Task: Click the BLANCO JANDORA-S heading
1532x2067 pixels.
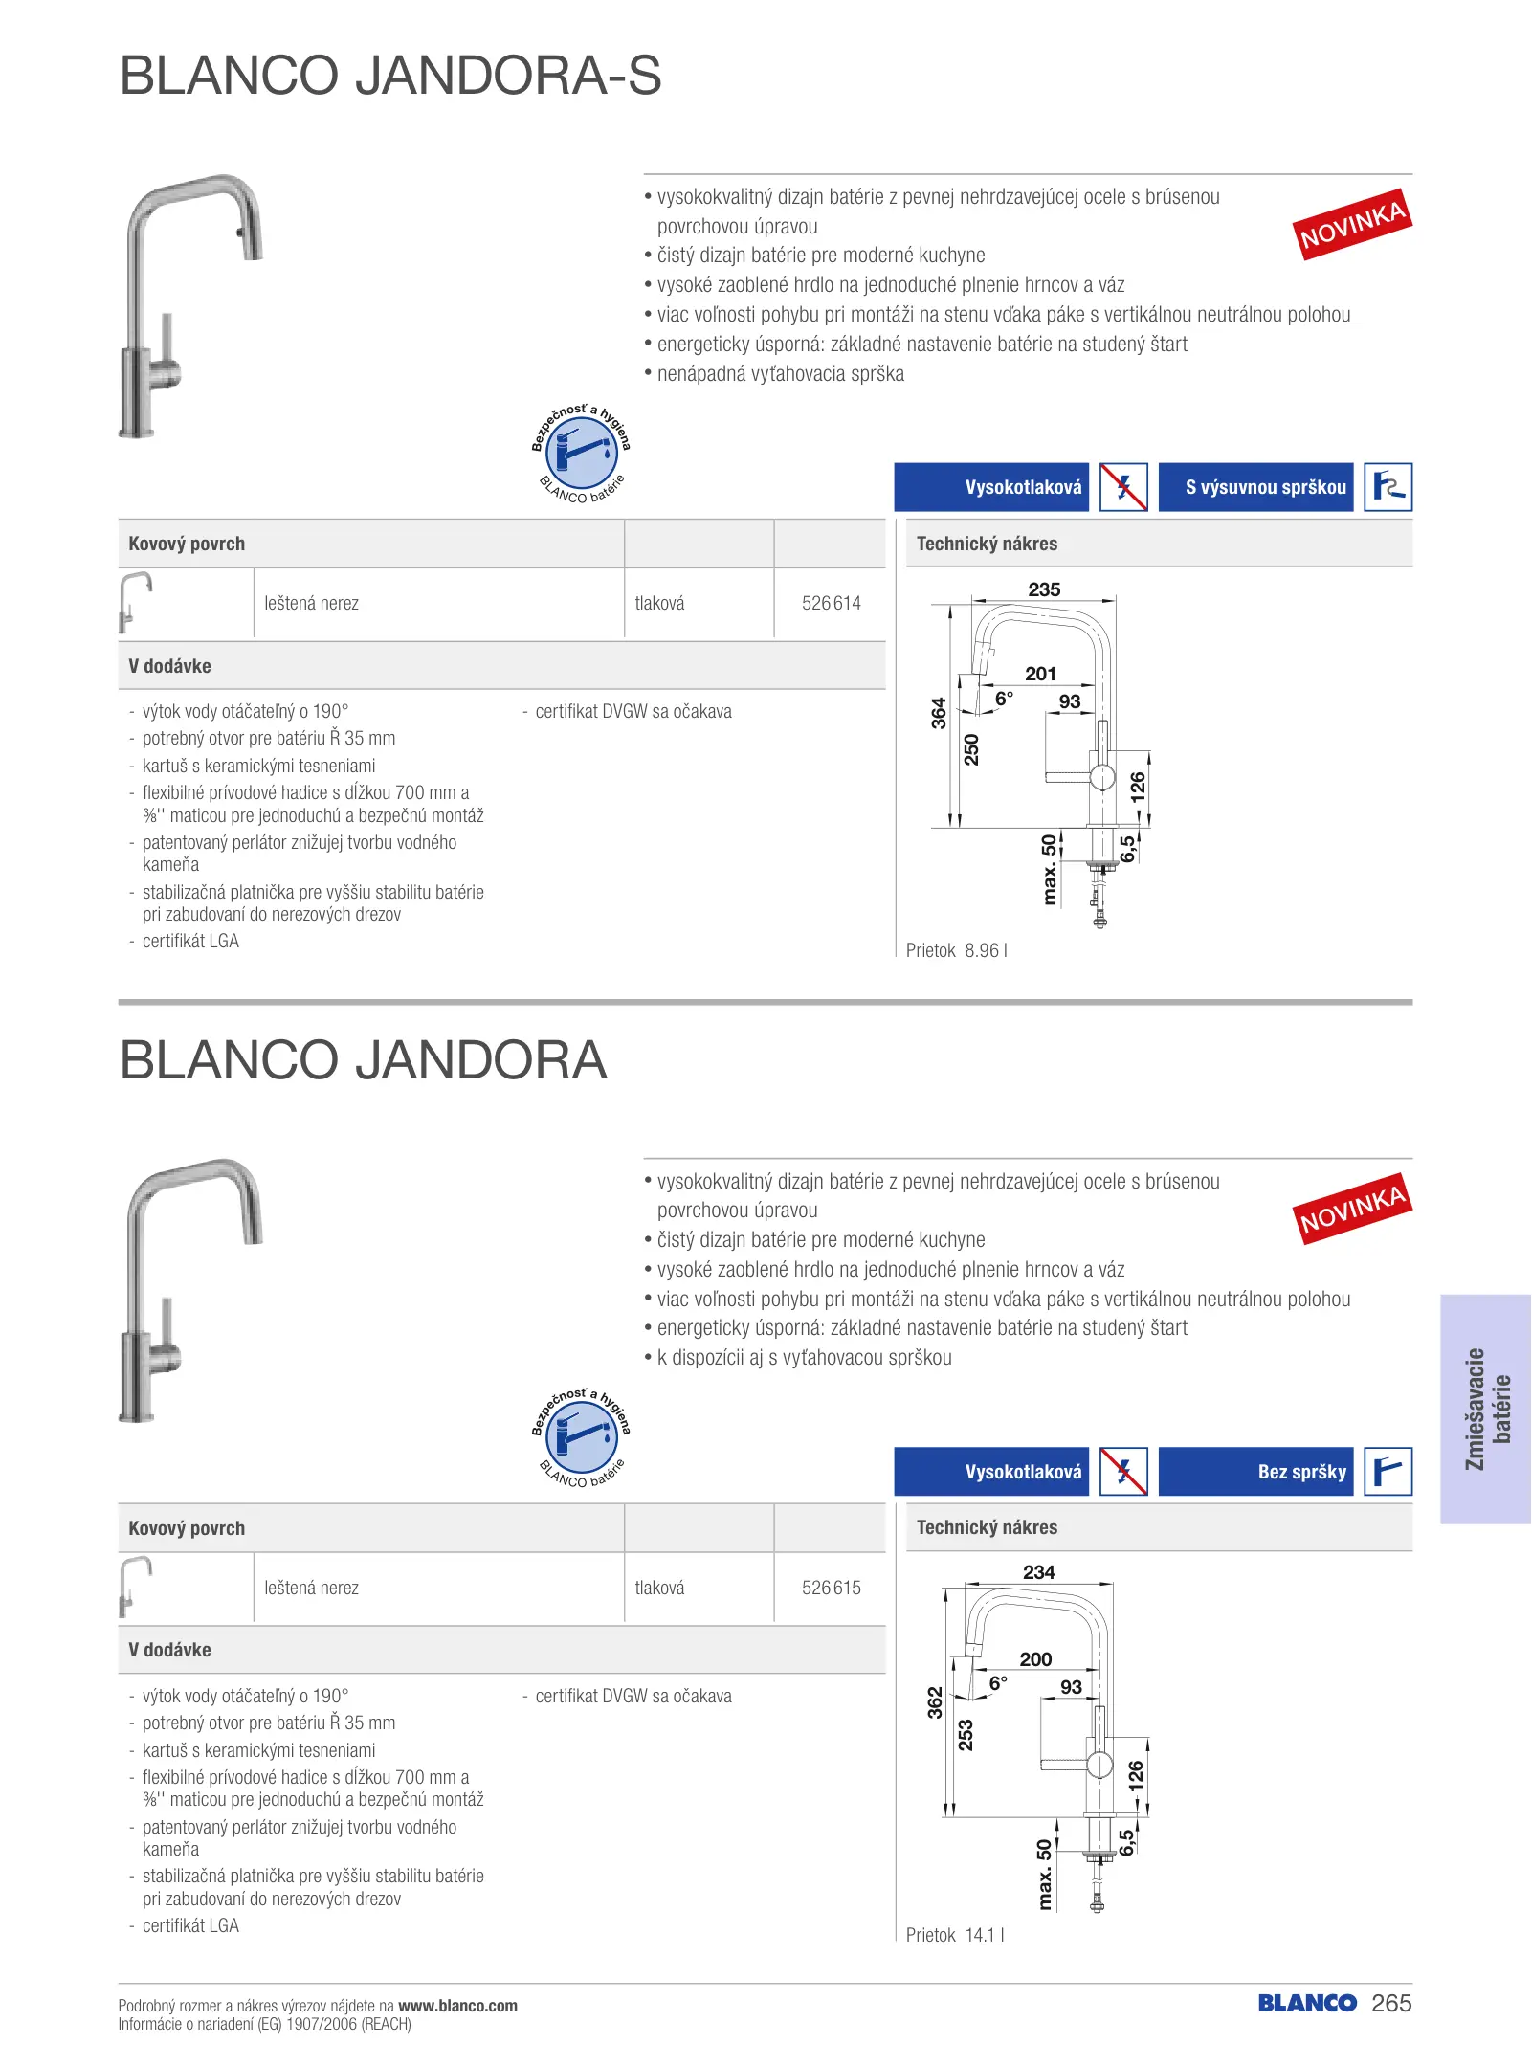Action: pos(390,75)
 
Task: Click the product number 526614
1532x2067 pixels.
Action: pos(831,603)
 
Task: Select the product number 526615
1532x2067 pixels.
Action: pos(831,1588)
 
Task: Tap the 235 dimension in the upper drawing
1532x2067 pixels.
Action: pos(1044,589)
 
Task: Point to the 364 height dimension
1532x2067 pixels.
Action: pos(939,713)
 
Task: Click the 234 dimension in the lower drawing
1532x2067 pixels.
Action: pos(1038,1572)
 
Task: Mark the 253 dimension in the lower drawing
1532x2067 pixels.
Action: pos(966,1735)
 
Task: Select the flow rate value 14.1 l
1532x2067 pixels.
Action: pos(984,1935)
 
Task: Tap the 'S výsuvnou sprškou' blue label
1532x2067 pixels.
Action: pos(1255,487)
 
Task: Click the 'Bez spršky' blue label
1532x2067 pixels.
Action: pos(1255,1472)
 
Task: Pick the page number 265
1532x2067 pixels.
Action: pos(1391,2003)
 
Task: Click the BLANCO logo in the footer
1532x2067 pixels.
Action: pos(1307,2003)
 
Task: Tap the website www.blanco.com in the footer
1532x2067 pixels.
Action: pos(457,2006)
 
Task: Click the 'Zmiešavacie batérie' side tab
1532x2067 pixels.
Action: pos(1487,1409)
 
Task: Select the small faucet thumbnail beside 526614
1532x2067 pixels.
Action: pos(135,602)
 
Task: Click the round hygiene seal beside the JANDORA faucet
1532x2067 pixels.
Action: pos(581,1435)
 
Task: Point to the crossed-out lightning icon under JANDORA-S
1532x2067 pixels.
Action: pos(1123,487)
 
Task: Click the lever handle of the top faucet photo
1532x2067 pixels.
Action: pos(167,340)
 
